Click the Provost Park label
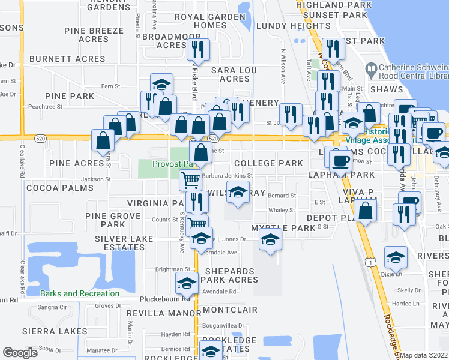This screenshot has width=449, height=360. tap(174, 163)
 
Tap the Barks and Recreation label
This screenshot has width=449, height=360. tap(80, 293)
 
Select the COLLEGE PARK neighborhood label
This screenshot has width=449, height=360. tap(268, 163)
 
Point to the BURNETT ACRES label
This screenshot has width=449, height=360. tap(67, 59)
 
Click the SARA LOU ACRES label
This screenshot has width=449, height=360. tap(234, 74)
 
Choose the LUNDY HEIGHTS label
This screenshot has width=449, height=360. tap(285, 26)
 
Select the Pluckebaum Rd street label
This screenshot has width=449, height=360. tap(163, 298)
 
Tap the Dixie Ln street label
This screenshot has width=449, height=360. tap(391, 274)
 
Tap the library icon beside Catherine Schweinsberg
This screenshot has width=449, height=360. tap(370, 70)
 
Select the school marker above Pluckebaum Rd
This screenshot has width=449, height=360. tap(187, 283)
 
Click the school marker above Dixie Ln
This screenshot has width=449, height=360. tap(395, 257)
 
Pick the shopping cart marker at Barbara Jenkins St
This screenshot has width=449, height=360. tap(190, 179)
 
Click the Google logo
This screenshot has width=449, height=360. tap(20, 353)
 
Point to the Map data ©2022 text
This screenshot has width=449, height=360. tap(424, 355)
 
